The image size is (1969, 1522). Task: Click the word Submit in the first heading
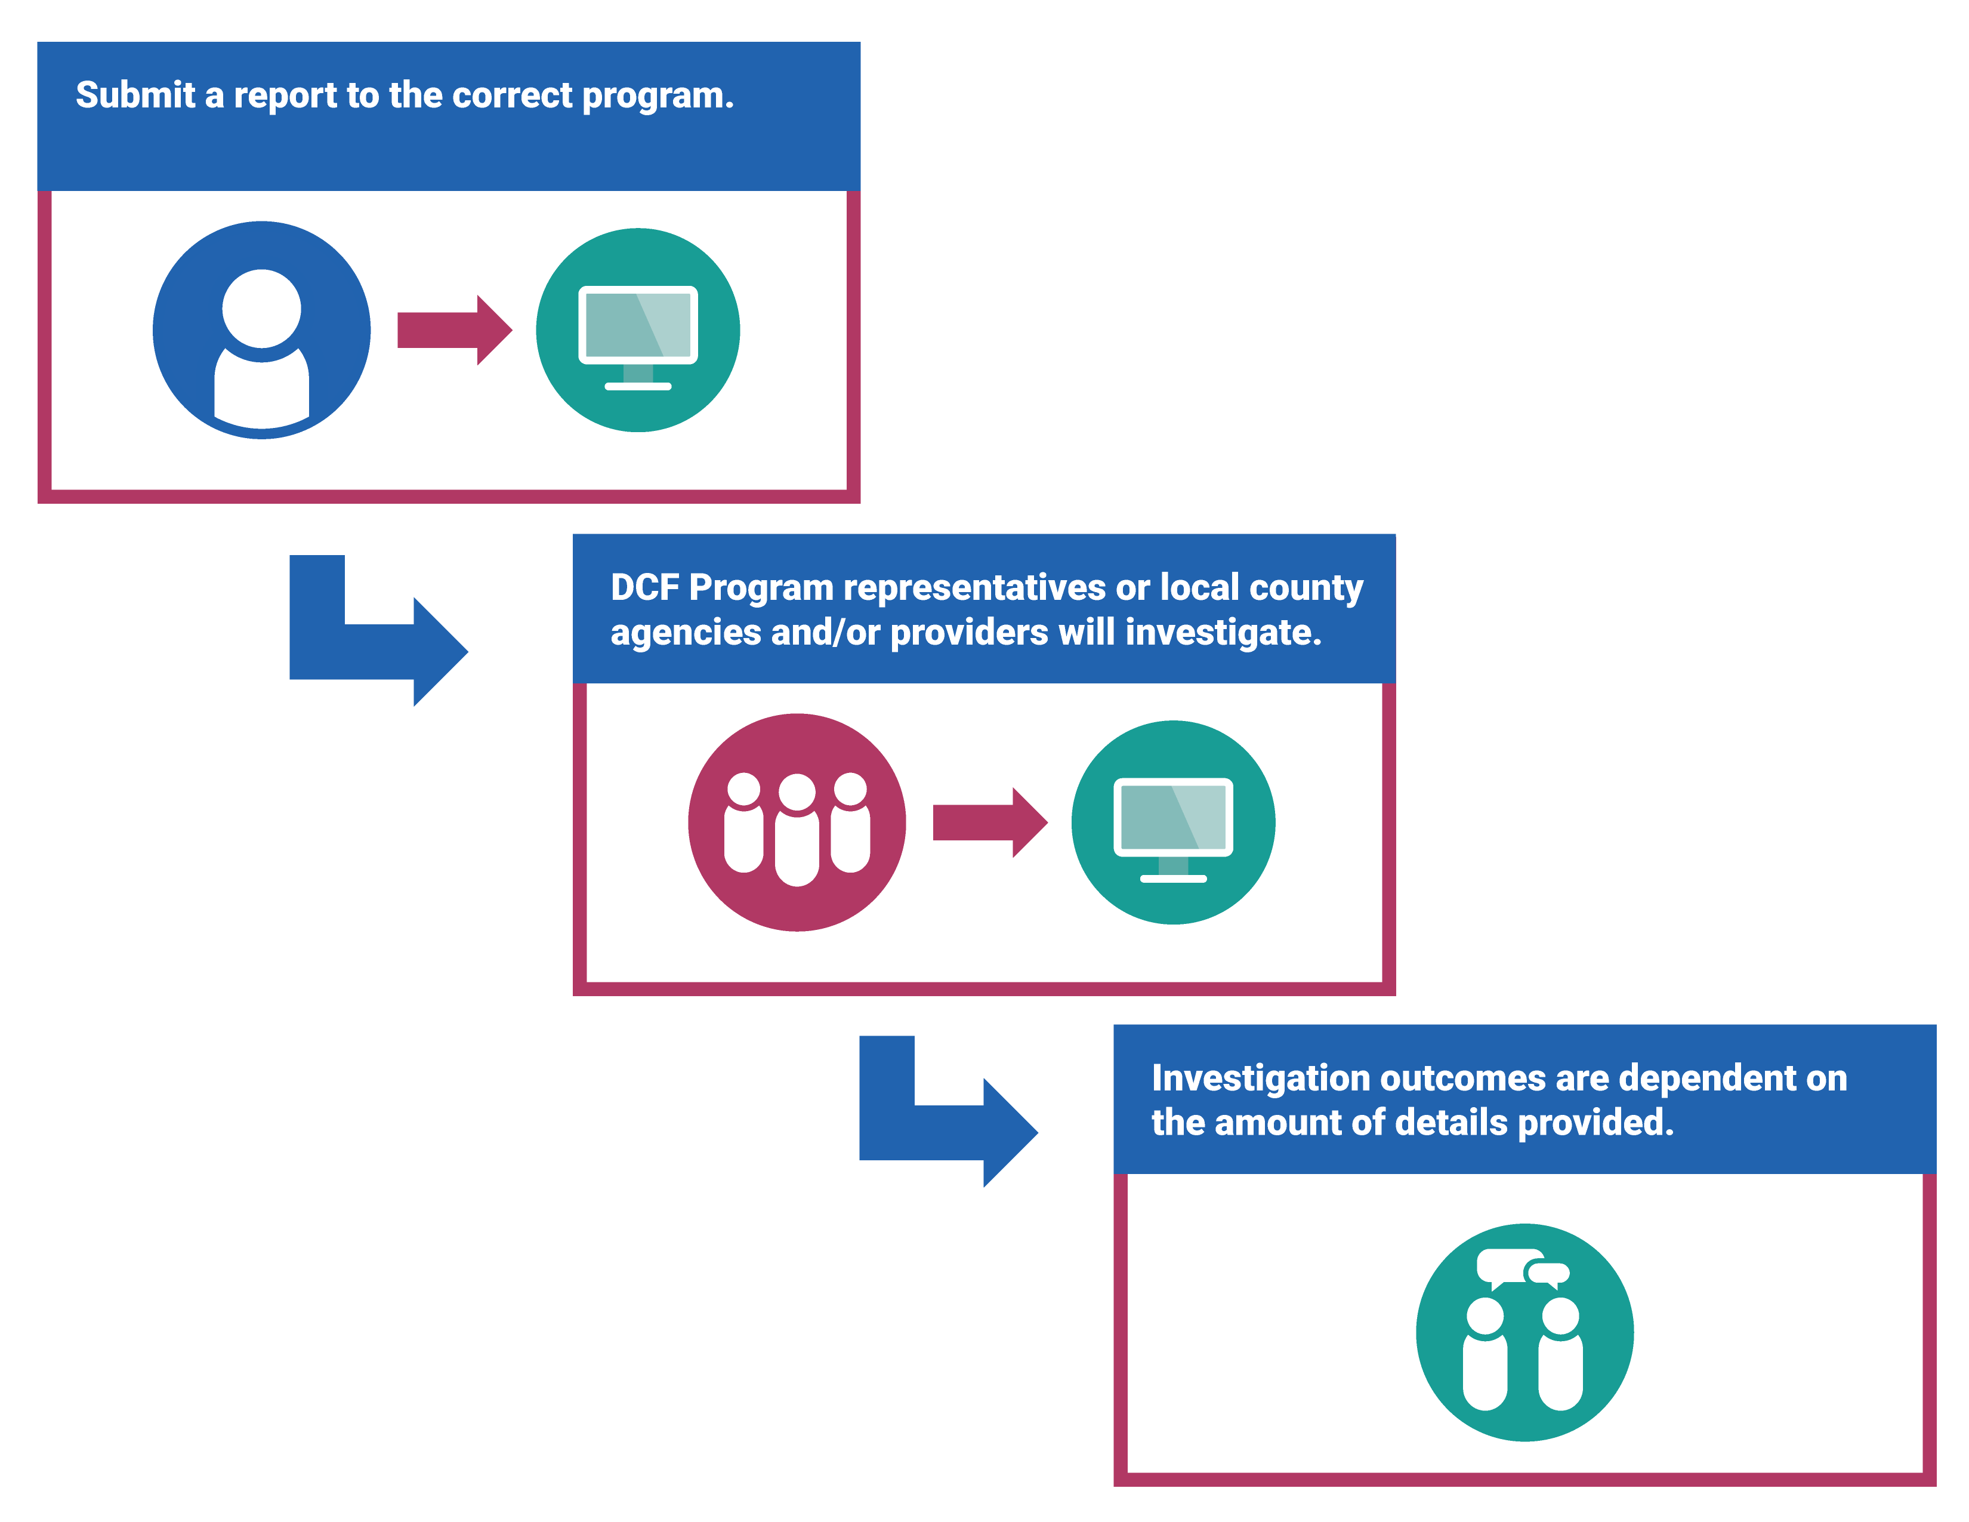click(135, 95)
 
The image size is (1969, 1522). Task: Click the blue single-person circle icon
click(261, 330)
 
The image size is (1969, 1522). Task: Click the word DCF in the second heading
click(644, 588)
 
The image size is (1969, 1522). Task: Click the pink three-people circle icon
click(797, 822)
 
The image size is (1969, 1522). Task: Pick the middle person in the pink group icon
click(797, 830)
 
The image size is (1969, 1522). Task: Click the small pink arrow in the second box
click(989, 822)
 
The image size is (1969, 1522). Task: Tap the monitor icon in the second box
click(1173, 822)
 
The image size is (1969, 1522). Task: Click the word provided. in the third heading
click(1595, 1123)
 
